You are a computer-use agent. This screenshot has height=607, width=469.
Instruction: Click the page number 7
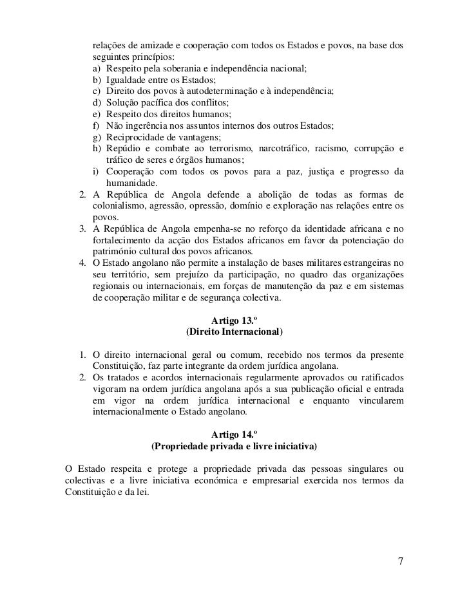[401, 561]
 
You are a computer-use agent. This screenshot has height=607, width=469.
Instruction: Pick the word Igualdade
[131, 80]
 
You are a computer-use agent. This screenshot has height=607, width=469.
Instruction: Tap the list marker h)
[97, 149]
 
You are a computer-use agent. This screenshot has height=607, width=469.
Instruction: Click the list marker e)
[97, 115]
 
